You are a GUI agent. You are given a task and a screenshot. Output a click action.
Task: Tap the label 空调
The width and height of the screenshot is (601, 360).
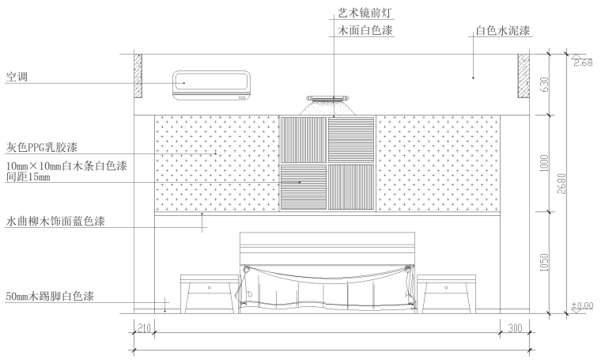pyautogui.click(x=17, y=78)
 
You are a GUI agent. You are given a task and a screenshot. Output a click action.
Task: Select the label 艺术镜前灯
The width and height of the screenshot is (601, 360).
pyautogui.click(x=359, y=13)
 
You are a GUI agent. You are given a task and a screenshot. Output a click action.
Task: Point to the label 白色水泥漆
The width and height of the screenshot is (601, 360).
pyautogui.click(x=501, y=32)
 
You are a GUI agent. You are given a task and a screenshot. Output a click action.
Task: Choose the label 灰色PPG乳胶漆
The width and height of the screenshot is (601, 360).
pyautogui.click(x=46, y=148)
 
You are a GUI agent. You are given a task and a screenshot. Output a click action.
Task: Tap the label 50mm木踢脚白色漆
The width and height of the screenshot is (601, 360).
pyautogui.click(x=50, y=296)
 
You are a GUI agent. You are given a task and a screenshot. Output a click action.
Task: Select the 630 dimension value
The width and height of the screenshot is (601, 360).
pyautogui.click(x=544, y=84)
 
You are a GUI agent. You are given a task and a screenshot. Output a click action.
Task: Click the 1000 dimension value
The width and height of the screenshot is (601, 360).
pyautogui.click(x=544, y=164)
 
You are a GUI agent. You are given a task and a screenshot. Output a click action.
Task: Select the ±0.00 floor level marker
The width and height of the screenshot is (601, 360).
pyautogui.click(x=582, y=305)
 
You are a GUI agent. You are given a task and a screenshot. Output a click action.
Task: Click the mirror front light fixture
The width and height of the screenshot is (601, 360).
pyautogui.click(x=327, y=100)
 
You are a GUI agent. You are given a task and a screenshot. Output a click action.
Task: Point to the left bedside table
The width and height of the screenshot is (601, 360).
pyautogui.click(x=209, y=293)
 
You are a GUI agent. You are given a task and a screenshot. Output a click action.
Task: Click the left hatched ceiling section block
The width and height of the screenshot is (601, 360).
pyautogui.click(x=138, y=76)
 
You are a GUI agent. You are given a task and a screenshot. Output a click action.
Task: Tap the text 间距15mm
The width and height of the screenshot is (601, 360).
pyautogui.click(x=28, y=177)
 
